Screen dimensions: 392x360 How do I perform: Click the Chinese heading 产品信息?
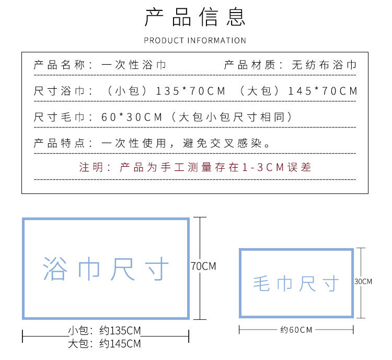[195, 17]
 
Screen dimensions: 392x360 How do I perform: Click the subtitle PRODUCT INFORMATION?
[195, 40]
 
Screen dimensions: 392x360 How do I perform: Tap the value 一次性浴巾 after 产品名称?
[134, 65]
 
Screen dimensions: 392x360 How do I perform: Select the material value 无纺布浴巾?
[324, 65]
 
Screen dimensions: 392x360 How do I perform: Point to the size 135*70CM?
[191, 91]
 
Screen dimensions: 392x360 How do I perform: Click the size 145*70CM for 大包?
[322, 91]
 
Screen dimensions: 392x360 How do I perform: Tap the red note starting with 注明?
[195, 167]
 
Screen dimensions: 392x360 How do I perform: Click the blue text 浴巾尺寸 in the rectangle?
[106, 269]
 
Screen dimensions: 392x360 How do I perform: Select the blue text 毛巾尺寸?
[296, 284]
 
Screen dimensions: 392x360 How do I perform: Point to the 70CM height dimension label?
[203, 266]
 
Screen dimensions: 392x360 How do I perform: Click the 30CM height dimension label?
[363, 282]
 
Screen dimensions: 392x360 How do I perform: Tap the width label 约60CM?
[296, 330]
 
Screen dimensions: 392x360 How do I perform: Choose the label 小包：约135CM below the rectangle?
[105, 331]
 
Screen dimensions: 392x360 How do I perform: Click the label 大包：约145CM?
[105, 344]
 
